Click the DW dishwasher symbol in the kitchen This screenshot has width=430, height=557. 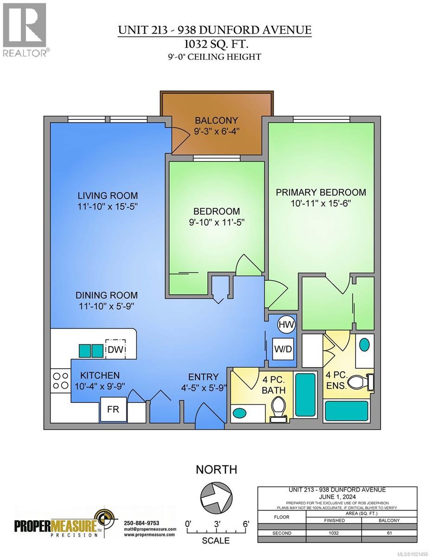click(x=116, y=350)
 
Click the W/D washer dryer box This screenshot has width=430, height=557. click(x=286, y=349)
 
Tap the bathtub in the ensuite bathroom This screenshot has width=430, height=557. click(x=346, y=411)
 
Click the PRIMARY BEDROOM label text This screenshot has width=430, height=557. click(x=321, y=192)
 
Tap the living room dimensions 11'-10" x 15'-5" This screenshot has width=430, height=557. click(x=108, y=207)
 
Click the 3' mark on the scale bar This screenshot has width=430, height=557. click(x=217, y=524)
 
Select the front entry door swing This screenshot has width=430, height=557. click(x=206, y=415)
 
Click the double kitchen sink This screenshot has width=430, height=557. click(x=91, y=350)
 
